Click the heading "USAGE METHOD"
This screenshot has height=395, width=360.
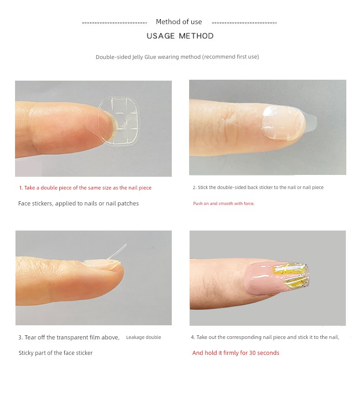pyautogui.click(x=180, y=36)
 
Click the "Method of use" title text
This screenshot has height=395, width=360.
pyautogui.click(x=179, y=22)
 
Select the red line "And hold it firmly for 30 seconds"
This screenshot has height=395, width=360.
pyautogui.click(x=236, y=353)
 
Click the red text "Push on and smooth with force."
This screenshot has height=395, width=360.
pyautogui.click(x=224, y=204)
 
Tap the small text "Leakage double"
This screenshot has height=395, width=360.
pyautogui.click(x=144, y=337)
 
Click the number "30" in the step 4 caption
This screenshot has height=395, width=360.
pyautogui.click(x=252, y=353)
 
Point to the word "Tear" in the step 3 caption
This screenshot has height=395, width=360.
pyautogui.click(x=31, y=338)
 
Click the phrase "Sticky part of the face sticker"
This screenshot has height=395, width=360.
pyautogui.click(x=56, y=353)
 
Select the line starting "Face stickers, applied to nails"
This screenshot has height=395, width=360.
pyautogui.click(x=78, y=204)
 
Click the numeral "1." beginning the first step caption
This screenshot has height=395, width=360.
pyautogui.click(x=21, y=188)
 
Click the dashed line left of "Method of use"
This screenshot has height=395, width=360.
pyautogui.click(x=114, y=23)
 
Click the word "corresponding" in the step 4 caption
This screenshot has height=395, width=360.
pyautogui.click(x=244, y=337)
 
